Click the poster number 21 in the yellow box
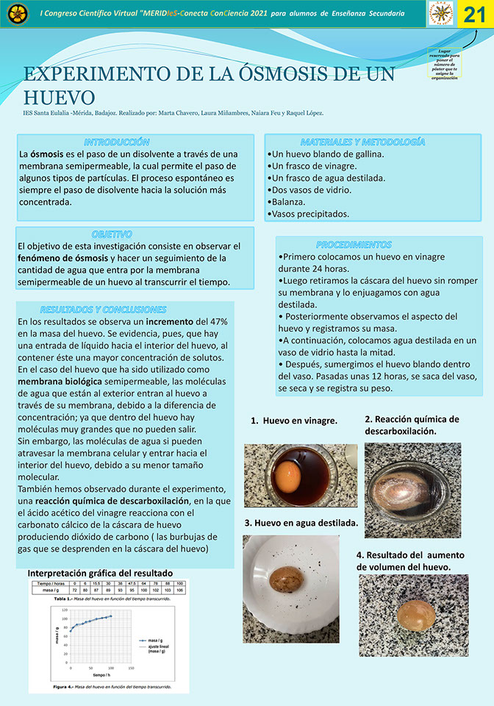click(474, 15)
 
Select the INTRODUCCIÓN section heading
click(117, 141)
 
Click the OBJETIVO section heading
click(112, 233)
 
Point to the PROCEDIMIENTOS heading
click(354, 244)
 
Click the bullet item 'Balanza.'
click(289, 202)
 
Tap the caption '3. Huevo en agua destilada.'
click(301, 523)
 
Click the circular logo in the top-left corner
click(18, 13)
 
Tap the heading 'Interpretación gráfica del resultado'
click(100, 573)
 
